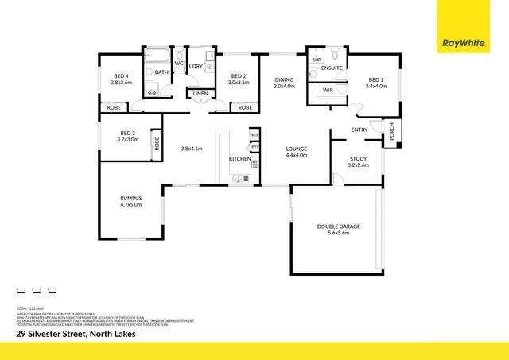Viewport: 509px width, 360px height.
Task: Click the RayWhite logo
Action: [x=465, y=43]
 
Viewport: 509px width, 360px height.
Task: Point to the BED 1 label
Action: [x=377, y=79]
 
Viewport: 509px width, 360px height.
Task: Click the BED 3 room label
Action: [x=128, y=133]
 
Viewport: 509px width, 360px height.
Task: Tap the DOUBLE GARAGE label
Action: [x=339, y=226]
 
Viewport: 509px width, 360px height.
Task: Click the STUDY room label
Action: [x=359, y=159]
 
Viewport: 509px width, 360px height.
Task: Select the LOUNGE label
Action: [x=297, y=149]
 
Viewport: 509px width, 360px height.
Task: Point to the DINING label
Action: [x=285, y=79]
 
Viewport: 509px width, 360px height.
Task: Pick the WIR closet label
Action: [x=327, y=91]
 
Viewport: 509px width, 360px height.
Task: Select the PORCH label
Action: [x=391, y=132]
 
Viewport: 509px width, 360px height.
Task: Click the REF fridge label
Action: [x=254, y=135]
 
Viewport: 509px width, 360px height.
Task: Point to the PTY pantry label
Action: [x=254, y=147]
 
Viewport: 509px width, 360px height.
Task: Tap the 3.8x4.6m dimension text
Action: [x=192, y=149]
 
